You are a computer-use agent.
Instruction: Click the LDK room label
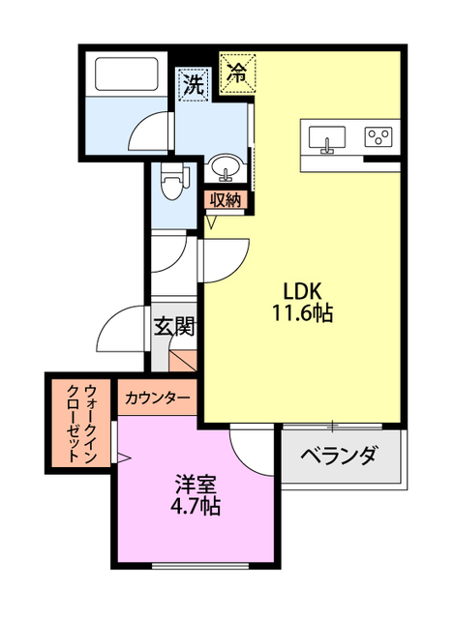(307, 290)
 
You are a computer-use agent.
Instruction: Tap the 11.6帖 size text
(307, 313)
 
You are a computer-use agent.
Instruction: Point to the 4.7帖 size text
(197, 506)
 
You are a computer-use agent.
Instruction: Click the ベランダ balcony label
(338, 457)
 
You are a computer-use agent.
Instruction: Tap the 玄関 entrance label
(174, 325)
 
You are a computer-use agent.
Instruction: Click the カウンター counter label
(158, 398)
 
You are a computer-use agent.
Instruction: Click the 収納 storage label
(227, 200)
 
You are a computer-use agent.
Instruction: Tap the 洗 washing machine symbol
(193, 84)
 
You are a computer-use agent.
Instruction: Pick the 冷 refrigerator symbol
(236, 70)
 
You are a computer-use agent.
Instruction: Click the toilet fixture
(172, 180)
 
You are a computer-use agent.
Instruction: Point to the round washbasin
(227, 168)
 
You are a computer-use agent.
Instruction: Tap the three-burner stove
(378, 137)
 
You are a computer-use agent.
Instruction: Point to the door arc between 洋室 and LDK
(254, 447)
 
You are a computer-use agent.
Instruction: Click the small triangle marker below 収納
(211, 222)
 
